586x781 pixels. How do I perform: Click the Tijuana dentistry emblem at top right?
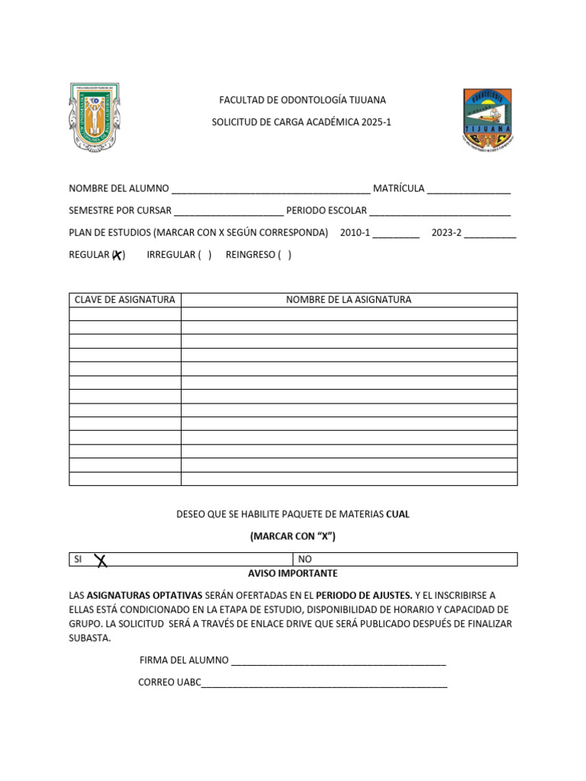488,119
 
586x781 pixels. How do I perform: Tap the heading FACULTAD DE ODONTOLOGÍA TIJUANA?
302,100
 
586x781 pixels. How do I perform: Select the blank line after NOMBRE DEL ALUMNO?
271,191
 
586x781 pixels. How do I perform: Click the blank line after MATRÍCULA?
468,191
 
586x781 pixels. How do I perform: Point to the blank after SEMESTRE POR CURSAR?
229,212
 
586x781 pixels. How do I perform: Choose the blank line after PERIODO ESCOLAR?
439,212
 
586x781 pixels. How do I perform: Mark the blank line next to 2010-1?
396,234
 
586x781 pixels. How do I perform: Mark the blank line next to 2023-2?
490,234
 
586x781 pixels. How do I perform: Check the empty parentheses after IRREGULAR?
204,255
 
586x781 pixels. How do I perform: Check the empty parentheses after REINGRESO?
284,255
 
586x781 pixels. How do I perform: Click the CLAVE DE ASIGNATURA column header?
124,300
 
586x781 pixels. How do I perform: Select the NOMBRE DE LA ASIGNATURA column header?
349,300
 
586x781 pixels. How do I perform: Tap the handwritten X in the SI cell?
100,561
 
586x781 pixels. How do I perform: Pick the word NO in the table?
305,559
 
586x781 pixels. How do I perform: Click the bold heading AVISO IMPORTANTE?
293,574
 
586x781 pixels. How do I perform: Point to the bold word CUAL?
398,515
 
